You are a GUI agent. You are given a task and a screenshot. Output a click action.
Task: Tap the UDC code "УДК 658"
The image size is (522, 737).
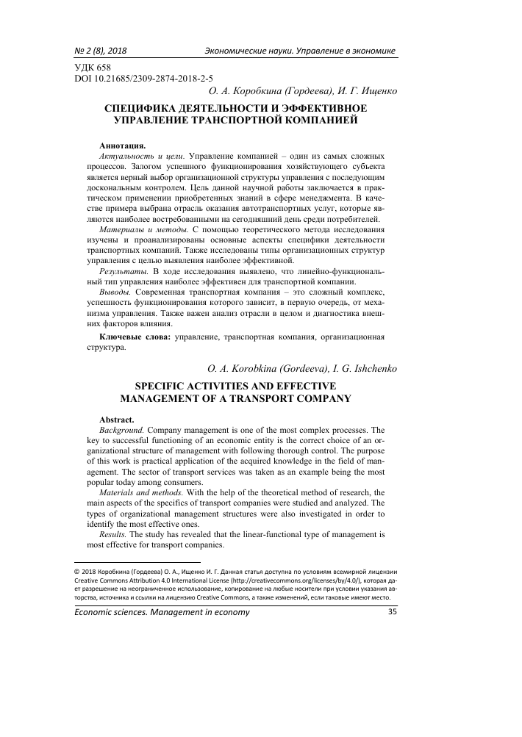(x=95, y=67)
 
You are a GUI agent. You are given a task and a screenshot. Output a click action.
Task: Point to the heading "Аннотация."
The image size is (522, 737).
(x=122, y=145)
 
